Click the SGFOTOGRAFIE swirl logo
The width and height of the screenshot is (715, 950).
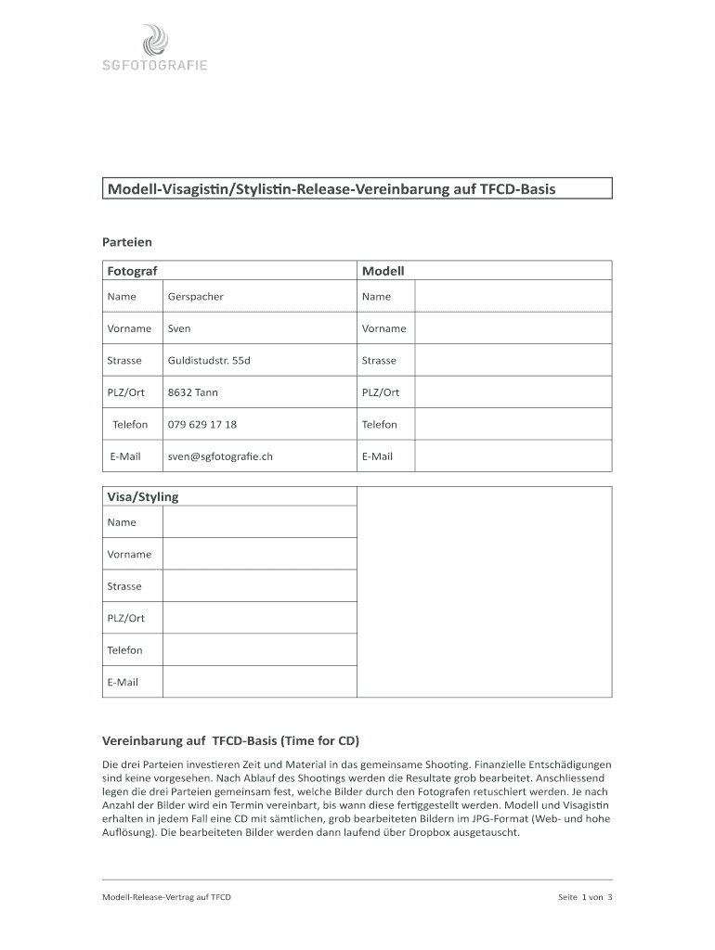coord(155,41)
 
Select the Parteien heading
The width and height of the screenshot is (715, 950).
coord(126,242)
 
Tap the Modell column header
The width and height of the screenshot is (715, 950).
coord(383,271)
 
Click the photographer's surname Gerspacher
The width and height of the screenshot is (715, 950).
coord(195,297)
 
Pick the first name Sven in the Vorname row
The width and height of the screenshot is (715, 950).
coord(179,328)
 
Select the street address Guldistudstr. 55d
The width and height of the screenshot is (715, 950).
coord(209,361)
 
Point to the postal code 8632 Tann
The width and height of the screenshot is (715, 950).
coord(193,392)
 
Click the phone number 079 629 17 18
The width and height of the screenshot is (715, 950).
coord(201,425)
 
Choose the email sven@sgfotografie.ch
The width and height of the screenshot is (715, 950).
coord(220,456)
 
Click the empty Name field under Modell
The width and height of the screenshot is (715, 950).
coord(513,297)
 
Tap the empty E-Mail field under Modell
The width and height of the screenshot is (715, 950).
coord(513,456)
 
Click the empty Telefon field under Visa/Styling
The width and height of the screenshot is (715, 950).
coord(259,650)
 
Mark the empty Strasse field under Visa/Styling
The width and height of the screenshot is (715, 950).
coord(259,586)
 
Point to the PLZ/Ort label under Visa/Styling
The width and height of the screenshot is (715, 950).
coord(126,619)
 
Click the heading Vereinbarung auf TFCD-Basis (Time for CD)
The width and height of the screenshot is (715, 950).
coord(229,741)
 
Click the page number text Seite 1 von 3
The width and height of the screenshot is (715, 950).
coord(584,898)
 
